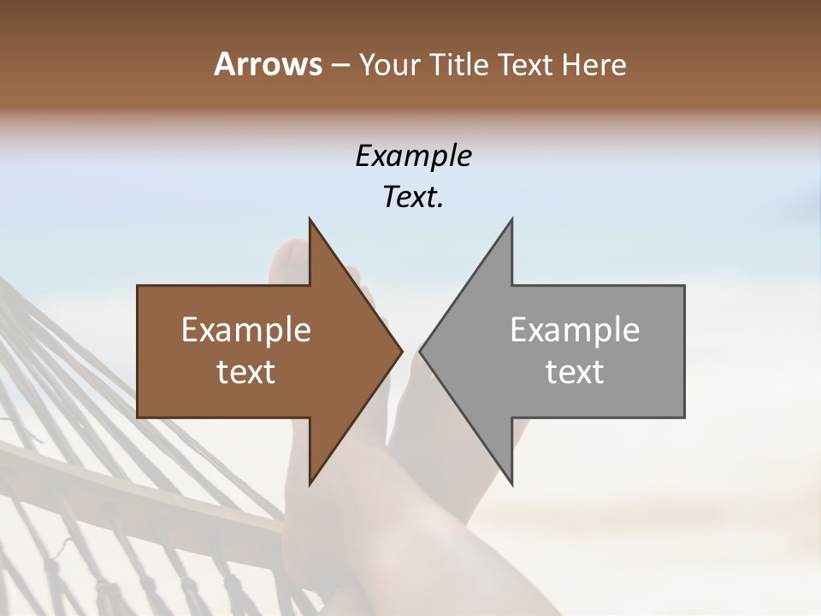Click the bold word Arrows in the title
click(x=268, y=64)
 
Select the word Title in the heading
click(x=458, y=65)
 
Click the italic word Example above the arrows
click(x=414, y=157)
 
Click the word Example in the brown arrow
click(x=246, y=330)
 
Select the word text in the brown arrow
click(x=246, y=372)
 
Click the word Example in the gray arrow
click(x=575, y=330)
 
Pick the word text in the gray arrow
click(x=575, y=372)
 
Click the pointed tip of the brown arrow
click(x=402, y=352)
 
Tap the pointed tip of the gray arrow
click(x=420, y=352)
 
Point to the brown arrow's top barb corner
click(x=310, y=219)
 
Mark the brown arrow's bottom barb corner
click(x=310, y=484)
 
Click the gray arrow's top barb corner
click(x=511, y=219)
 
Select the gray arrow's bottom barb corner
click(x=511, y=484)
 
